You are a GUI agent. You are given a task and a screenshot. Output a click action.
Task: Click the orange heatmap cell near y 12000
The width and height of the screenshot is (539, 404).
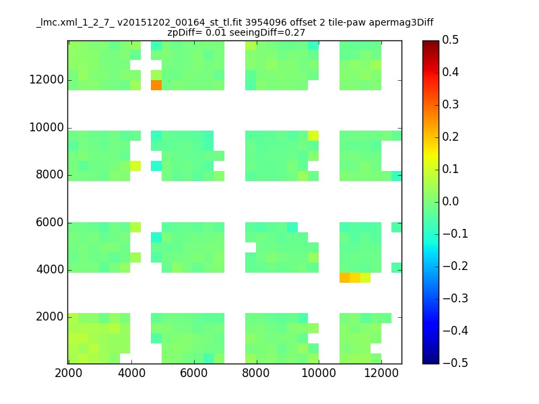pyautogui.click(x=156, y=86)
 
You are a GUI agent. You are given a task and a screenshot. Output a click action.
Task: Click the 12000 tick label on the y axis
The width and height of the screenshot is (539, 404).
pyautogui.click(x=46, y=79)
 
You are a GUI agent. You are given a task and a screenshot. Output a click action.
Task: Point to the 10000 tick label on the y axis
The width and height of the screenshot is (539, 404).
pyautogui.click(x=46, y=127)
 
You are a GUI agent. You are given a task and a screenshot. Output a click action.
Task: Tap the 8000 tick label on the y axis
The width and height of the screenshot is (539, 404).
pyautogui.click(x=50, y=174)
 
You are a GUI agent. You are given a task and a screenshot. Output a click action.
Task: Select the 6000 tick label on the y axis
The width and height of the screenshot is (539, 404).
pyautogui.click(x=50, y=222)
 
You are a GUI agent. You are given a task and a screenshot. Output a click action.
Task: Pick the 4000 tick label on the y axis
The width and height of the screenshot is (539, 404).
pyautogui.click(x=50, y=269)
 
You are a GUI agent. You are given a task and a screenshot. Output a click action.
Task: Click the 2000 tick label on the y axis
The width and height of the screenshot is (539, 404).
pyautogui.click(x=50, y=316)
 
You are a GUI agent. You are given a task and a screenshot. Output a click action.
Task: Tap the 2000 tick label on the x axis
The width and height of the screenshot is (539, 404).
pyautogui.click(x=69, y=373)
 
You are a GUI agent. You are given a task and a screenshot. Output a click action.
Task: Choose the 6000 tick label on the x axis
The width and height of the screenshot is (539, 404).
pyautogui.click(x=194, y=373)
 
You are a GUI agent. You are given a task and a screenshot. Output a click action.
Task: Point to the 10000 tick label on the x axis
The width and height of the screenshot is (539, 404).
pyautogui.click(x=319, y=373)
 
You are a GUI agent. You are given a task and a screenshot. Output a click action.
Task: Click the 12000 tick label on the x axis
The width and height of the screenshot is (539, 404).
pyautogui.click(x=381, y=373)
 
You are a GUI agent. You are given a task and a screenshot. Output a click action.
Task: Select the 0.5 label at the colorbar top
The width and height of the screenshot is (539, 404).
pyautogui.click(x=450, y=40)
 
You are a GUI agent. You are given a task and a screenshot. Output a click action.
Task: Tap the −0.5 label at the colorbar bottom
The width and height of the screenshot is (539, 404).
pyautogui.click(x=455, y=363)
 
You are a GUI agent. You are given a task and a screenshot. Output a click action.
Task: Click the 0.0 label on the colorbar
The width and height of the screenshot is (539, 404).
pyautogui.click(x=450, y=201)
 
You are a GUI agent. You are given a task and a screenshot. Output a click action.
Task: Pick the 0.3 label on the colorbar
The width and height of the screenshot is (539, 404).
pyautogui.click(x=450, y=104)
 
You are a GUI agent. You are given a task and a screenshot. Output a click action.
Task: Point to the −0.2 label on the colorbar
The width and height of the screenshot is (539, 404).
pyautogui.click(x=455, y=266)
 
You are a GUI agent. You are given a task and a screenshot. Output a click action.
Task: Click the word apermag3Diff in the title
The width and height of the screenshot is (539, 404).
pyautogui.click(x=401, y=23)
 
